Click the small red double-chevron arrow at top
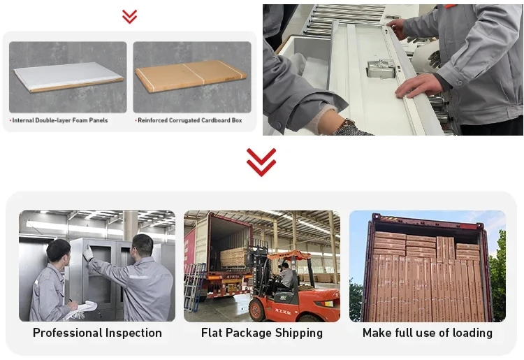click(129, 17)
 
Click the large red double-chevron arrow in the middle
click(261, 162)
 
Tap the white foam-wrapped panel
click(68, 77)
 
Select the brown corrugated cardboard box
click(191, 76)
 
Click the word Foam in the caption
click(80, 120)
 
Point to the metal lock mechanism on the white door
click(381, 69)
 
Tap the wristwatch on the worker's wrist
click(347, 124)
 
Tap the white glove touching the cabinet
click(88, 253)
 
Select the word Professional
click(68, 333)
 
